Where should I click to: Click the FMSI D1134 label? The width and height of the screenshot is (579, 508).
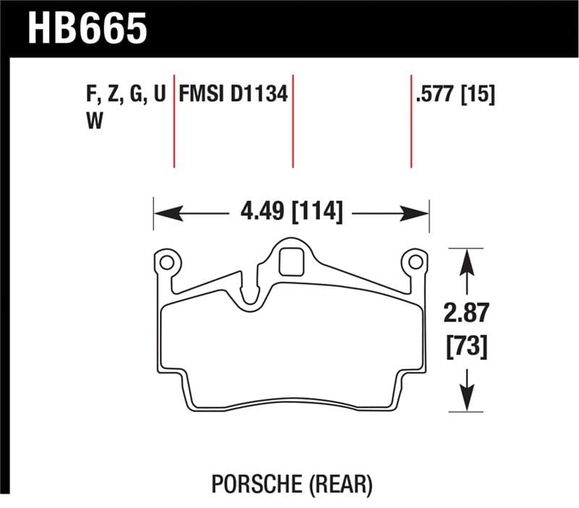pos(234,95)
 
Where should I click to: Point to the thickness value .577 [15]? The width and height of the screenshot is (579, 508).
pos(455,95)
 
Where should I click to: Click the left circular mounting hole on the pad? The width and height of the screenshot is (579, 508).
pos(166,261)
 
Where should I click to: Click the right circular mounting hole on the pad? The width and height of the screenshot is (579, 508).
pos(415,261)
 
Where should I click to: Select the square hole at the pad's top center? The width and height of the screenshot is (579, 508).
pos(291,261)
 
